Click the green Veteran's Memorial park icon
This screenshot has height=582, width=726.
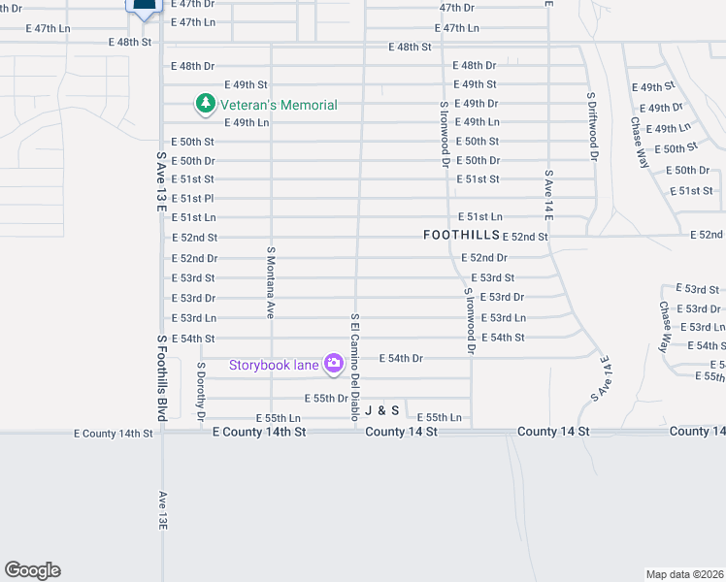tap(205, 103)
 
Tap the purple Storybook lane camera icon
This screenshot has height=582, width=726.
tap(334, 364)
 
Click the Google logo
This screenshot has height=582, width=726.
tap(33, 570)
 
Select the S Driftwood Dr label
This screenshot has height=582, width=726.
tap(591, 132)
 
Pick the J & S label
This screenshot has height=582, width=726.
tap(381, 410)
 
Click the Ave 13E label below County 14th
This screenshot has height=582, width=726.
tap(163, 509)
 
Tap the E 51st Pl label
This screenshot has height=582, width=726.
tap(192, 199)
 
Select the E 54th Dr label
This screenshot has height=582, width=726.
tap(401, 358)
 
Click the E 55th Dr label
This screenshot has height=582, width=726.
tap(326, 398)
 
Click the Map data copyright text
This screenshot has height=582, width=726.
tap(685, 574)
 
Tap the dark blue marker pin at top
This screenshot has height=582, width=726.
tap(143, 8)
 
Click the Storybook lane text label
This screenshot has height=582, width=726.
tap(275, 366)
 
